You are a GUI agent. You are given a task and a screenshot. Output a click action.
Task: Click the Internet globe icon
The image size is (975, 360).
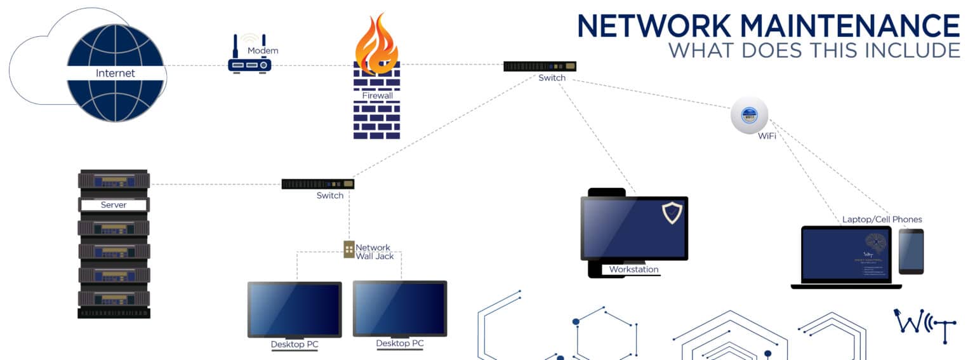[x=115, y=73]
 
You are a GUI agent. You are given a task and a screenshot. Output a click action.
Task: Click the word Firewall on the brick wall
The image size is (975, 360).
[x=377, y=95]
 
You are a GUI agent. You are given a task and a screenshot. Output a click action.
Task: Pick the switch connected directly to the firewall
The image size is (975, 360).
[x=540, y=66]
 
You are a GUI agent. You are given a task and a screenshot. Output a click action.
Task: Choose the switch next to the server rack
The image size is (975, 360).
[x=317, y=184]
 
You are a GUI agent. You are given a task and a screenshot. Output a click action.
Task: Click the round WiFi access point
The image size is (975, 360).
[x=749, y=115]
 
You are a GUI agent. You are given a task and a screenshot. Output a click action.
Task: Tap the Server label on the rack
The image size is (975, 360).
[x=114, y=205]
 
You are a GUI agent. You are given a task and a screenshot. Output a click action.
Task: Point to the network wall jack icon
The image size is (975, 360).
[x=348, y=249]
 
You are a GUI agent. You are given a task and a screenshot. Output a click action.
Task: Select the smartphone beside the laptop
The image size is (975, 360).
[x=911, y=251]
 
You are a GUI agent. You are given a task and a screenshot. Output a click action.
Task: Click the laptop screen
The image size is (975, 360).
[x=846, y=255]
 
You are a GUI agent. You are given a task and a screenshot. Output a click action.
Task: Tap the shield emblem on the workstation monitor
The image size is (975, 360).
[x=672, y=213]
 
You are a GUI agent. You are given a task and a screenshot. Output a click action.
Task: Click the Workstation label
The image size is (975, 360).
[x=633, y=270]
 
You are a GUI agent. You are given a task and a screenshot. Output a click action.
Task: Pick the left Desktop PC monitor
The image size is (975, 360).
[x=295, y=309]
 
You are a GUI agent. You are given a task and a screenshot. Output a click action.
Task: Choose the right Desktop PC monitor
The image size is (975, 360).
[x=400, y=309]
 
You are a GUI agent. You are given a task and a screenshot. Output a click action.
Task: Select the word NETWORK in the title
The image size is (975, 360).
[x=654, y=26]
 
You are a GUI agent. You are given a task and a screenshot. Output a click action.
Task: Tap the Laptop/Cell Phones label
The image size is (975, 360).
[x=882, y=220]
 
